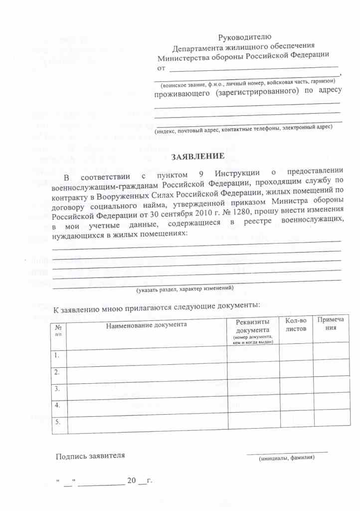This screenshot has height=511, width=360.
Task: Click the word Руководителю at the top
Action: [x=245, y=37]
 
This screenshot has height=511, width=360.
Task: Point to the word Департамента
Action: [x=199, y=48]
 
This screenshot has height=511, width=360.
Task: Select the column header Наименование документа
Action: [x=146, y=325]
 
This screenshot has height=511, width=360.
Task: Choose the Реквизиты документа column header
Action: [x=252, y=329]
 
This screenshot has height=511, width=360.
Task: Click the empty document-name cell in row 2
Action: [x=146, y=372]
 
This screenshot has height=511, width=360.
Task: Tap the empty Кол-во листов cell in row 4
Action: [x=295, y=405]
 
